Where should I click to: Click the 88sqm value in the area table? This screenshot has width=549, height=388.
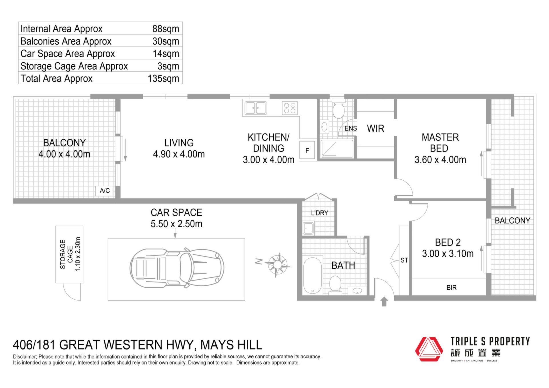[166, 29]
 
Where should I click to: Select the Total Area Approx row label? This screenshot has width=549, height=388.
[57, 78]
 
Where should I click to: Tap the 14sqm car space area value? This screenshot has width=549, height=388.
[166, 53]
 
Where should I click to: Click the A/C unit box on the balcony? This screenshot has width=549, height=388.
[105, 191]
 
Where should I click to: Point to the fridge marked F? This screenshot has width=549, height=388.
[307, 150]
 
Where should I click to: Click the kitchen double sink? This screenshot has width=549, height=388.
[256, 108]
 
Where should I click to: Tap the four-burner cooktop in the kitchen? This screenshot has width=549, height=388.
[290, 108]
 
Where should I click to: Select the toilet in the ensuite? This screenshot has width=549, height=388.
[339, 109]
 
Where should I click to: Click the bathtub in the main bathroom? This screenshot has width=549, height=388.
[313, 275]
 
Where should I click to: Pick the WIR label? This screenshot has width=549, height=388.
[375, 129]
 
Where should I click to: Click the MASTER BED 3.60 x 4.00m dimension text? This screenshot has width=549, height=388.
[440, 160]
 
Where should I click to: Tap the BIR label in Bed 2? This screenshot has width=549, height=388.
[451, 288]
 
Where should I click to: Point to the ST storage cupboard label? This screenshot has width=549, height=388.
[404, 260]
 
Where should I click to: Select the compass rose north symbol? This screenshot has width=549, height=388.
[277, 264]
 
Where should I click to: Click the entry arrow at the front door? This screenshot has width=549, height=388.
[384, 302]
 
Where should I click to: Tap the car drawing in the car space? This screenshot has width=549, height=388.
[177, 268]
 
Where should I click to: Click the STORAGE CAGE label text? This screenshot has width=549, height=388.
[66, 254]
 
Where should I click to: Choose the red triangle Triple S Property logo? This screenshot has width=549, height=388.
[429, 349]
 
